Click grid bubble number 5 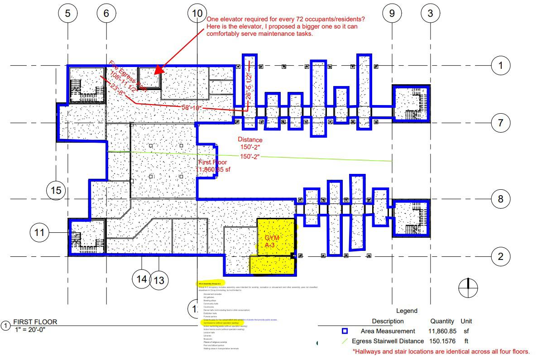coord(68,13)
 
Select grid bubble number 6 coord(106,13)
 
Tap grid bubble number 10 coord(197,13)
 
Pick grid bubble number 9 coord(392,13)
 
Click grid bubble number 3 coord(430,13)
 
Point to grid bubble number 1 coord(500,66)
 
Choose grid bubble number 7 coord(500,123)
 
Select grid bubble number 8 coord(500,199)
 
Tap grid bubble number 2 coord(500,257)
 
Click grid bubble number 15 coord(56,190)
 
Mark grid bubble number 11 coord(40,233)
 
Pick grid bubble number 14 coord(142,278)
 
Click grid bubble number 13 coord(159,281)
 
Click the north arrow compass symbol coord(468,287)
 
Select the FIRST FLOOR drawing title coord(35,322)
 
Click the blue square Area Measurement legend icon coord(345,331)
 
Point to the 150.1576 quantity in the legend coord(442,341)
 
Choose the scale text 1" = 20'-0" coord(30,329)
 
